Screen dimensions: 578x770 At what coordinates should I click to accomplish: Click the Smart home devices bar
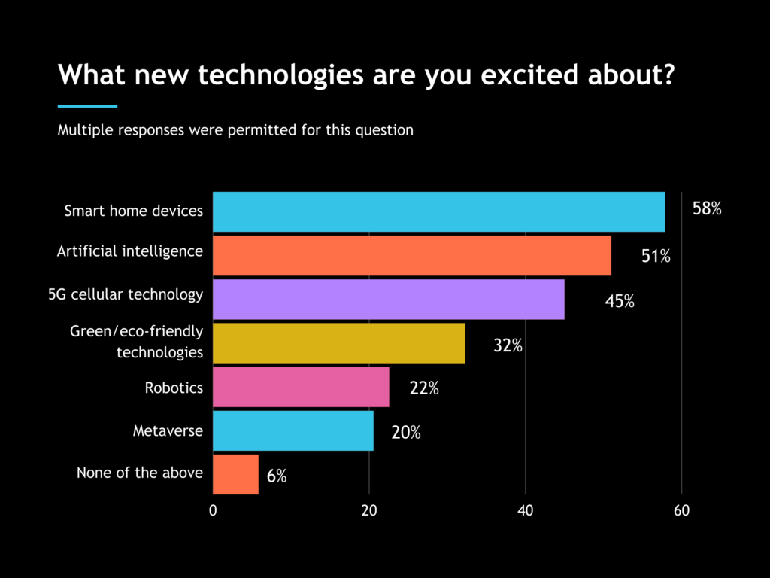tap(438, 211)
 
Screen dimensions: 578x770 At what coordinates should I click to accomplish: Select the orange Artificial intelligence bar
tap(411, 255)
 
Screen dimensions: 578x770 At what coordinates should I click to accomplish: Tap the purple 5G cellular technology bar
tap(388, 299)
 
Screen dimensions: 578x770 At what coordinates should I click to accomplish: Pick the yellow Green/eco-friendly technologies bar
tap(338, 342)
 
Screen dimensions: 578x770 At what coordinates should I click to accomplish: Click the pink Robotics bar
tap(301, 387)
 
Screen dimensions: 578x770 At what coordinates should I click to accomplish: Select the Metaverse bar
tap(293, 430)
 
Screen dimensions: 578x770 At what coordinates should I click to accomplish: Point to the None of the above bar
tap(235, 474)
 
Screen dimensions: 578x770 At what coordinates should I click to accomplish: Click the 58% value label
tap(707, 209)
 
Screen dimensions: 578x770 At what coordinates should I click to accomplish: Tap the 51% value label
tap(656, 256)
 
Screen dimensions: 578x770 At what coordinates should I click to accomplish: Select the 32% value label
tap(508, 347)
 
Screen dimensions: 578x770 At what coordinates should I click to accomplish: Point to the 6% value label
tap(276, 476)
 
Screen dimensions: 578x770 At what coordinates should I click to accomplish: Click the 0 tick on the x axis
tap(213, 510)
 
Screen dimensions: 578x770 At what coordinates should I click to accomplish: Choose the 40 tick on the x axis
tap(525, 510)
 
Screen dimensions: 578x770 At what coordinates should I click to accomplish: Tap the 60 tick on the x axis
tap(681, 510)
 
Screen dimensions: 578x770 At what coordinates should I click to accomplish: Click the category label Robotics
tap(174, 388)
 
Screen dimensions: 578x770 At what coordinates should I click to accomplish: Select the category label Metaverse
tap(168, 431)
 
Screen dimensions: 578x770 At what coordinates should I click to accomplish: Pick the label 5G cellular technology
tap(125, 294)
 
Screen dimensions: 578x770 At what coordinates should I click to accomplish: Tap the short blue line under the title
tap(87, 106)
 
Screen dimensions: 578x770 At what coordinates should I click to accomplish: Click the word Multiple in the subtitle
tap(83, 129)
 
